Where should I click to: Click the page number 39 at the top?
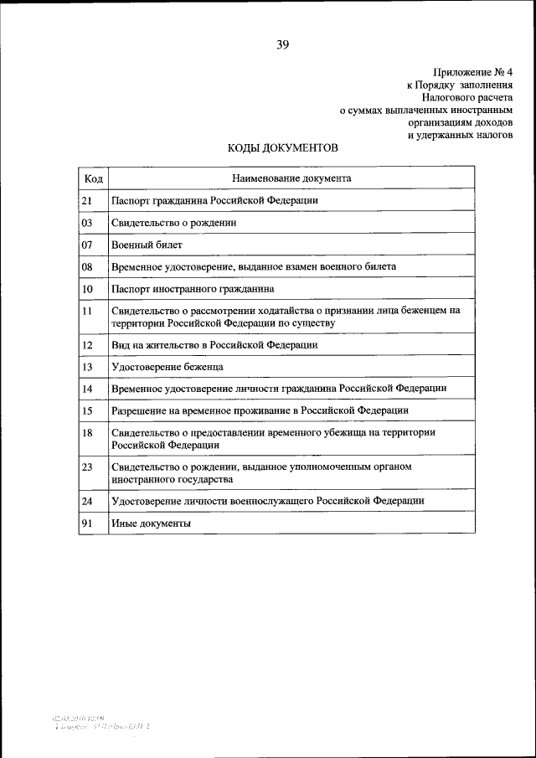tap(282, 45)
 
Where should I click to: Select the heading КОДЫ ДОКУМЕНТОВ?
tap(283, 148)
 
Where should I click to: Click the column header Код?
tap(93, 178)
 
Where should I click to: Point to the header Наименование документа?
tap(291, 178)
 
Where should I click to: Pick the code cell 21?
tap(87, 201)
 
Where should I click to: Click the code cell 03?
tap(87, 223)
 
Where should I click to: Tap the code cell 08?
tap(87, 266)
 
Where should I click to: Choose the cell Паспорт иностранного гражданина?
tap(193, 288)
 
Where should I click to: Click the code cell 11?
tap(87, 311)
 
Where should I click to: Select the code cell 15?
tap(87, 410)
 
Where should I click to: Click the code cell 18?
tap(87, 432)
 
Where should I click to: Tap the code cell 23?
tap(87, 466)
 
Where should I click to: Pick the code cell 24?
tap(87, 501)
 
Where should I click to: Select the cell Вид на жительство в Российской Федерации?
tap(214, 344)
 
